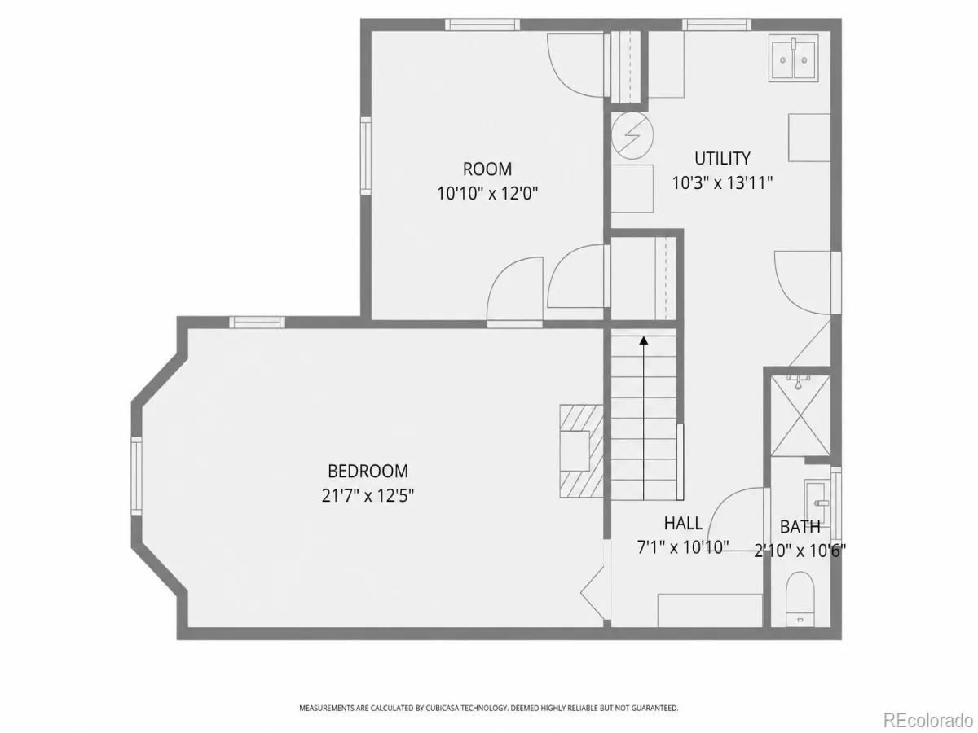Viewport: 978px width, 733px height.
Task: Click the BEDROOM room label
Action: pyautogui.click(x=368, y=471)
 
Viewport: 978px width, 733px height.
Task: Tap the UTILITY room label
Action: pyautogui.click(x=722, y=158)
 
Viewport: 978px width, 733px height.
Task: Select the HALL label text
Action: pyautogui.click(x=683, y=524)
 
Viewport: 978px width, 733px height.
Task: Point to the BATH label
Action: pyautogui.click(x=800, y=527)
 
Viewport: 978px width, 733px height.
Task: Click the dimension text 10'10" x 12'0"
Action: pyautogui.click(x=487, y=194)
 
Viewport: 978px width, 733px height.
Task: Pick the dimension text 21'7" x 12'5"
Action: pyautogui.click(x=368, y=495)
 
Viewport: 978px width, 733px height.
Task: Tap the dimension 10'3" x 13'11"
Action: pyautogui.click(x=722, y=182)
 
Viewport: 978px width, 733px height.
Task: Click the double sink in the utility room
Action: pyautogui.click(x=794, y=59)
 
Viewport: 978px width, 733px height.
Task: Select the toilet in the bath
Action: pyautogui.click(x=800, y=599)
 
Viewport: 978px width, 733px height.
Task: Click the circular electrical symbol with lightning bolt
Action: pyautogui.click(x=632, y=136)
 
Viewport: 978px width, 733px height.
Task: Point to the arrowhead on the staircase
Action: pyautogui.click(x=643, y=340)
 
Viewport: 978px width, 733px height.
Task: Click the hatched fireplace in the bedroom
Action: pyautogui.click(x=581, y=451)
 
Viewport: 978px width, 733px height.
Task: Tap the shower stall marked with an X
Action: pyautogui.click(x=800, y=415)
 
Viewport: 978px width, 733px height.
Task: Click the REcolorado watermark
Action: pyautogui.click(x=927, y=719)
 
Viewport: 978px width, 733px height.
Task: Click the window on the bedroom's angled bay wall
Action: pyautogui.click(x=136, y=476)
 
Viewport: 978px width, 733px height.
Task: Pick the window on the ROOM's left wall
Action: pyautogui.click(x=366, y=156)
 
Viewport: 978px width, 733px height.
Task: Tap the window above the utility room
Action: pyautogui.click(x=716, y=24)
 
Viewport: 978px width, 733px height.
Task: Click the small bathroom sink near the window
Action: pyautogui.click(x=817, y=503)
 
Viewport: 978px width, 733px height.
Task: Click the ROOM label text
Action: pyautogui.click(x=487, y=169)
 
